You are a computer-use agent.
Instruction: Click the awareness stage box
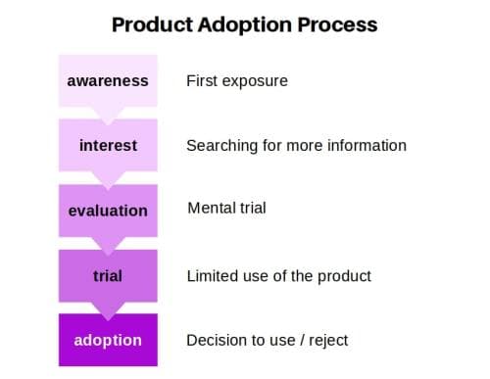pos(108,80)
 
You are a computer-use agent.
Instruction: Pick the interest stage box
pos(108,145)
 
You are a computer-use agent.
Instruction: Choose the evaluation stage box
pos(108,210)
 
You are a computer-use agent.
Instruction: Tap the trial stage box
pos(108,275)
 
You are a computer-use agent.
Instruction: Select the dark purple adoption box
pos(108,340)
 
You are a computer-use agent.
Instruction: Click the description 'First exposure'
pos(237,80)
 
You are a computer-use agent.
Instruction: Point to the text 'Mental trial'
pos(226,210)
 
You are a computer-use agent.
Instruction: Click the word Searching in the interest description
pos(221,146)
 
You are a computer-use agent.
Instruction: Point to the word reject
pos(325,341)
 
